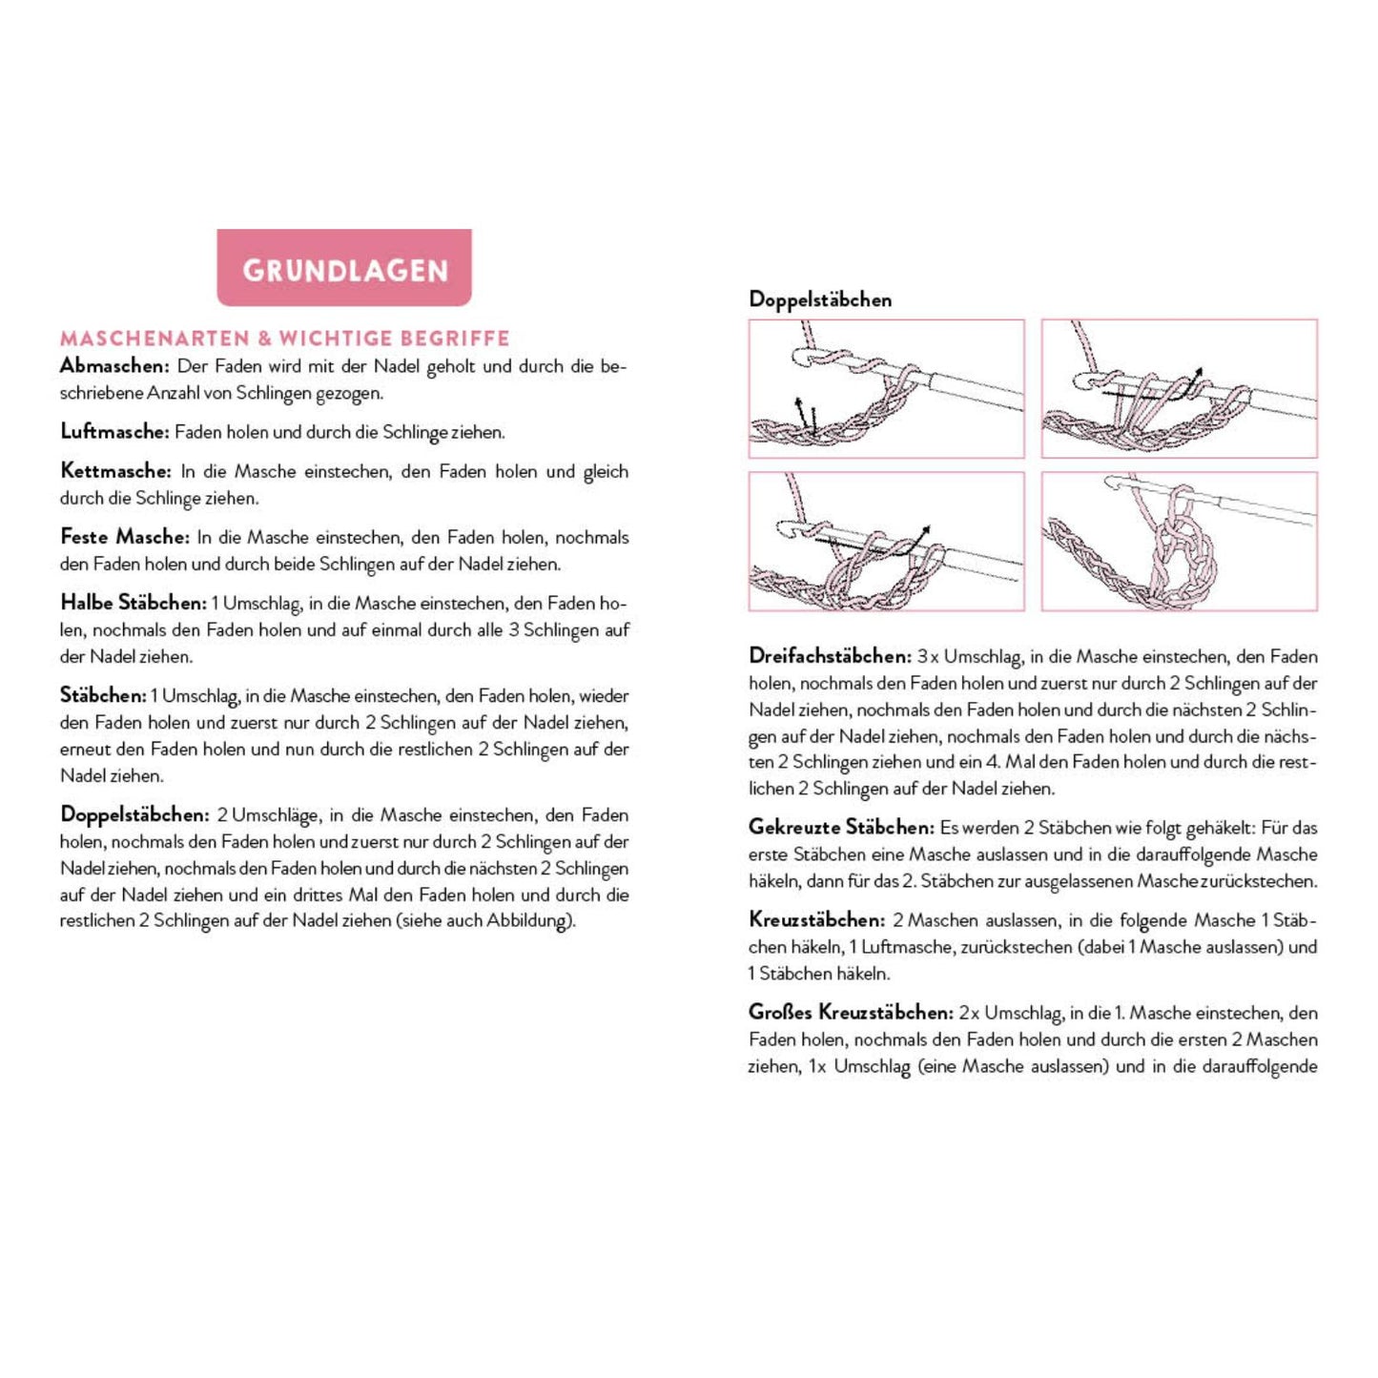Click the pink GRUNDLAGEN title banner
pyautogui.click(x=344, y=268)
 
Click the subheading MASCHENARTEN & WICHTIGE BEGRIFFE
pyautogui.click(x=284, y=339)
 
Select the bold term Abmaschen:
pyautogui.click(x=114, y=366)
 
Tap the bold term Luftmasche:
pyautogui.click(x=114, y=432)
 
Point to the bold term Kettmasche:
pyautogui.click(x=115, y=471)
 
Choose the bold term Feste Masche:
pyautogui.click(x=124, y=537)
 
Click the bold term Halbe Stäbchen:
pyautogui.click(x=133, y=603)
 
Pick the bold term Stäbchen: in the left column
pyautogui.click(x=103, y=695)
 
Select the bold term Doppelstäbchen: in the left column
pyautogui.click(x=134, y=815)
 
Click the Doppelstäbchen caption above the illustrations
pyautogui.click(x=820, y=299)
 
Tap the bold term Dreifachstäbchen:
pyautogui.click(x=830, y=656)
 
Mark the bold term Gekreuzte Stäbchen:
pyautogui.click(x=840, y=827)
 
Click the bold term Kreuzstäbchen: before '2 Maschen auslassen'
pyautogui.click(x=816, y=920)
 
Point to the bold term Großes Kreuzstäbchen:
pyautogui.click(x=851, y=1013)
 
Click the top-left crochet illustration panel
pyautogui.click(x=886, y=389)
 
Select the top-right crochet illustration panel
pyautogui.click(x=1179, y=389)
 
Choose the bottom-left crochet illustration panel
pyautogui.click(x=886, y=542)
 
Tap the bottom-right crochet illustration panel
pyautogui.click(x=1179, y=542)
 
